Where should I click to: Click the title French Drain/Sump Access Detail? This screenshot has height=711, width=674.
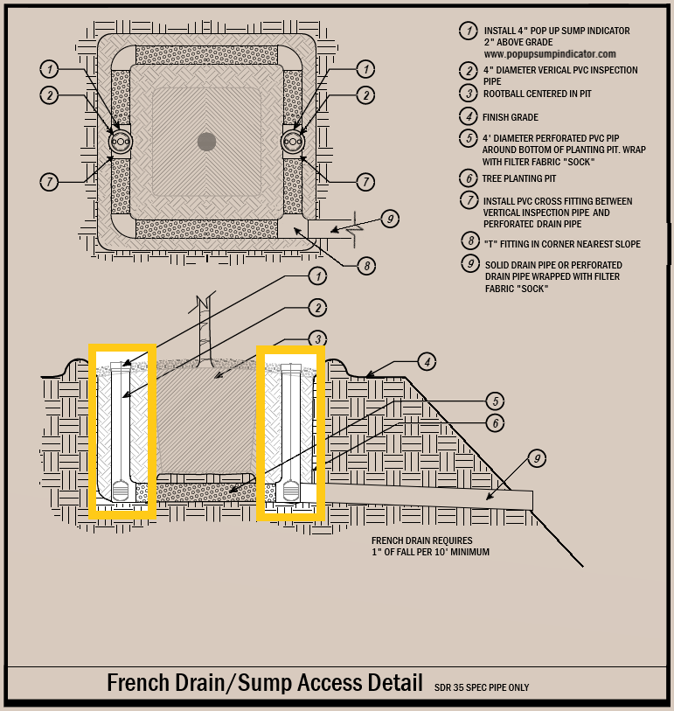(x=263, y=683)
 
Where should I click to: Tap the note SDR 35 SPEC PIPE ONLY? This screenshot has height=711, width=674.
(x=482, y=687)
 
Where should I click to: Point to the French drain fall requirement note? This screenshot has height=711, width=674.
(x=430, y=547)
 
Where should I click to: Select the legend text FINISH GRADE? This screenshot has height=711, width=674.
(x=510, y=117)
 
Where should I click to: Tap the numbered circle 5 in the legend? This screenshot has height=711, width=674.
(x=469, y=138)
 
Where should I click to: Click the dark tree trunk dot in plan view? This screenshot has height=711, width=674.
(x=206, y=141)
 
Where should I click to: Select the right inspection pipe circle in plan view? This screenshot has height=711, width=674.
(x=293, y=142)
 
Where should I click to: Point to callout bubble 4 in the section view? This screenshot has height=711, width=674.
(x=427, y=361)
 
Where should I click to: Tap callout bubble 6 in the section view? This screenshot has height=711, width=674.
(x=495, y=422)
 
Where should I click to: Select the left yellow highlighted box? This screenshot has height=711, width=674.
(x=123, y=431)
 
